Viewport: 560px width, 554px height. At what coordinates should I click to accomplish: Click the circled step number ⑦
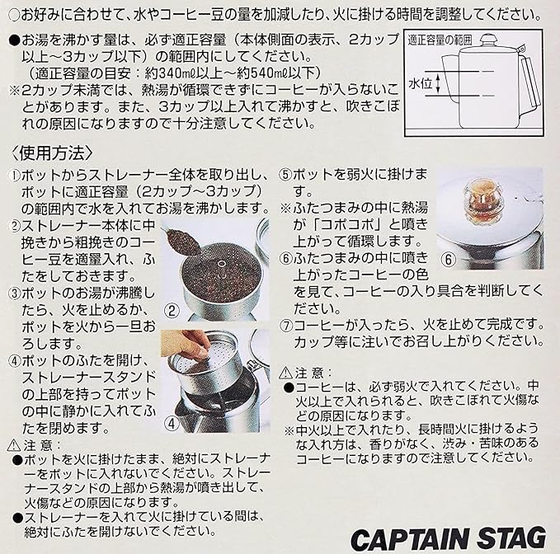286,323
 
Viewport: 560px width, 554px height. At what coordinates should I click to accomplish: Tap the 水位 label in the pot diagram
418,82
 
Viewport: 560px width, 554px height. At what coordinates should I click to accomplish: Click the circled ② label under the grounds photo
172,310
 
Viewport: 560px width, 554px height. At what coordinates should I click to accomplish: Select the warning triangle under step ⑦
285,373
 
